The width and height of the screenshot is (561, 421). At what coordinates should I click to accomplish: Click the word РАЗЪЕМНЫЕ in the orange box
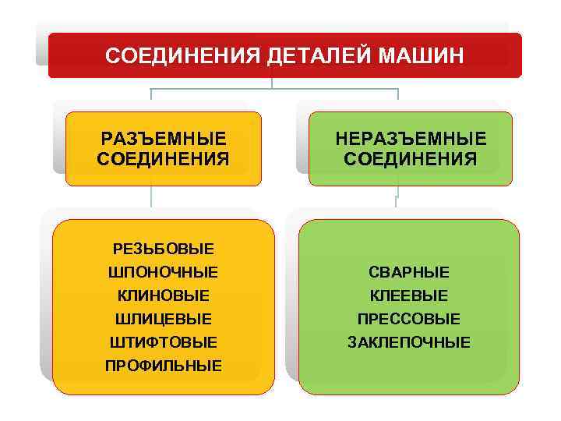164,139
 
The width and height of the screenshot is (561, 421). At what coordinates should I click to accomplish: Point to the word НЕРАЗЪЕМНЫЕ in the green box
411,139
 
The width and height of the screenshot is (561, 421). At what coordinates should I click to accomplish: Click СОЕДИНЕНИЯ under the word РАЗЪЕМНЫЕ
164,159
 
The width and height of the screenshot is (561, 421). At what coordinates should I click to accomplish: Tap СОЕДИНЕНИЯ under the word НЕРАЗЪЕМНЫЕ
411,159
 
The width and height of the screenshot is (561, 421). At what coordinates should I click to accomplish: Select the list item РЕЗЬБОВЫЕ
164,249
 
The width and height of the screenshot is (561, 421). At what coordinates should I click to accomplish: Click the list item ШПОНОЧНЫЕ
164,273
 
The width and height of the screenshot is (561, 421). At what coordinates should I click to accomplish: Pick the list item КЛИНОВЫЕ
164,296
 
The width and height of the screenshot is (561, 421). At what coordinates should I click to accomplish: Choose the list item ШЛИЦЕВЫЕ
164,319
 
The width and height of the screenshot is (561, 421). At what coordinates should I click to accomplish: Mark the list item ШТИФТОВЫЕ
164,342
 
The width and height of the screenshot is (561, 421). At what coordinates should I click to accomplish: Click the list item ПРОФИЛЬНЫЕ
164,366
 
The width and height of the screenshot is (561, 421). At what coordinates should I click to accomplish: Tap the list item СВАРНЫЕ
409,273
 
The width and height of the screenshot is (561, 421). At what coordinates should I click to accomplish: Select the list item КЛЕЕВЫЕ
409,296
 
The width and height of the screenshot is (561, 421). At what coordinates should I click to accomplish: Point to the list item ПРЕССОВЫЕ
409,319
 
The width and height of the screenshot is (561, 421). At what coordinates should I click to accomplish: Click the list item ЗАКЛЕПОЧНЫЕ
409,342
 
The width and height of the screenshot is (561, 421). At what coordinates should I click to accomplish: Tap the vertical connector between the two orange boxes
151,201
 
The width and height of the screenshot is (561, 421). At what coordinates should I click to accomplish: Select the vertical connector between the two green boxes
397,201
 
